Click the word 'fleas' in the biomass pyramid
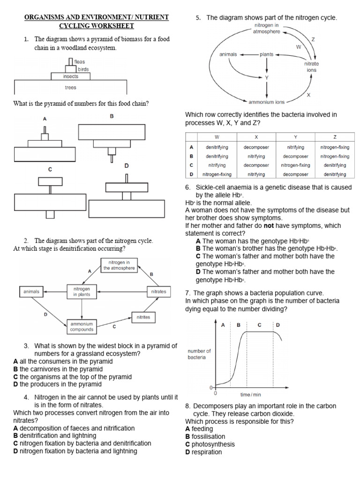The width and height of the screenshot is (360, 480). pyautogui.click(x=80, y=62)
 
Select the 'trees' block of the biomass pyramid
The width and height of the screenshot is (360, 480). pyautogui.click(x=70, y=87)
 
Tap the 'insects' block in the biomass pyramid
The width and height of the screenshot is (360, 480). pyautogui.click(x=70, y=76)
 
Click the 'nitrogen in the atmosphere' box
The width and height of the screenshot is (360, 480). pyautogui.click(x=119, y=265)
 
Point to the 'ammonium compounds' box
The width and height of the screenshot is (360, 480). pyautogui.click(x=82, y=327)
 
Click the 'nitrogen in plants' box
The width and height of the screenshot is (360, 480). pyautogui.click(x=82, y=292)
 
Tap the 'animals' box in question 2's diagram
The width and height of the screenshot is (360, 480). pyautogui.click(x=32, y=292)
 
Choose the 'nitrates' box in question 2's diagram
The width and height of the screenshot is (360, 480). pyautogui.click(x=159, y=292)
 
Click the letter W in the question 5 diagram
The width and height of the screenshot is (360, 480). pyautogui.click(x=298, y=47)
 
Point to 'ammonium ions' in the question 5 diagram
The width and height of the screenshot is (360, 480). pyautogui.click(x=266, y=101)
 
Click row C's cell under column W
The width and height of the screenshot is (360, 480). pyautogui.click(x=217, y=165)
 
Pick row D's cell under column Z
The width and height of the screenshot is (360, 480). pyautogui.click(x=335, y=174)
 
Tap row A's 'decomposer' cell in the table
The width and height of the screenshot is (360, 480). pyautogui.click(x=256, y=147)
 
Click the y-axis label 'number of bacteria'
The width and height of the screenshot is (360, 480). pyautogui.click(x=199, y=354)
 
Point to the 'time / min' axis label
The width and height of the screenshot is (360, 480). pyautogui.click(x=251, y=395)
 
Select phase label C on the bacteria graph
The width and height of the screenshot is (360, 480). pyautogui.click(x=260, y=324)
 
